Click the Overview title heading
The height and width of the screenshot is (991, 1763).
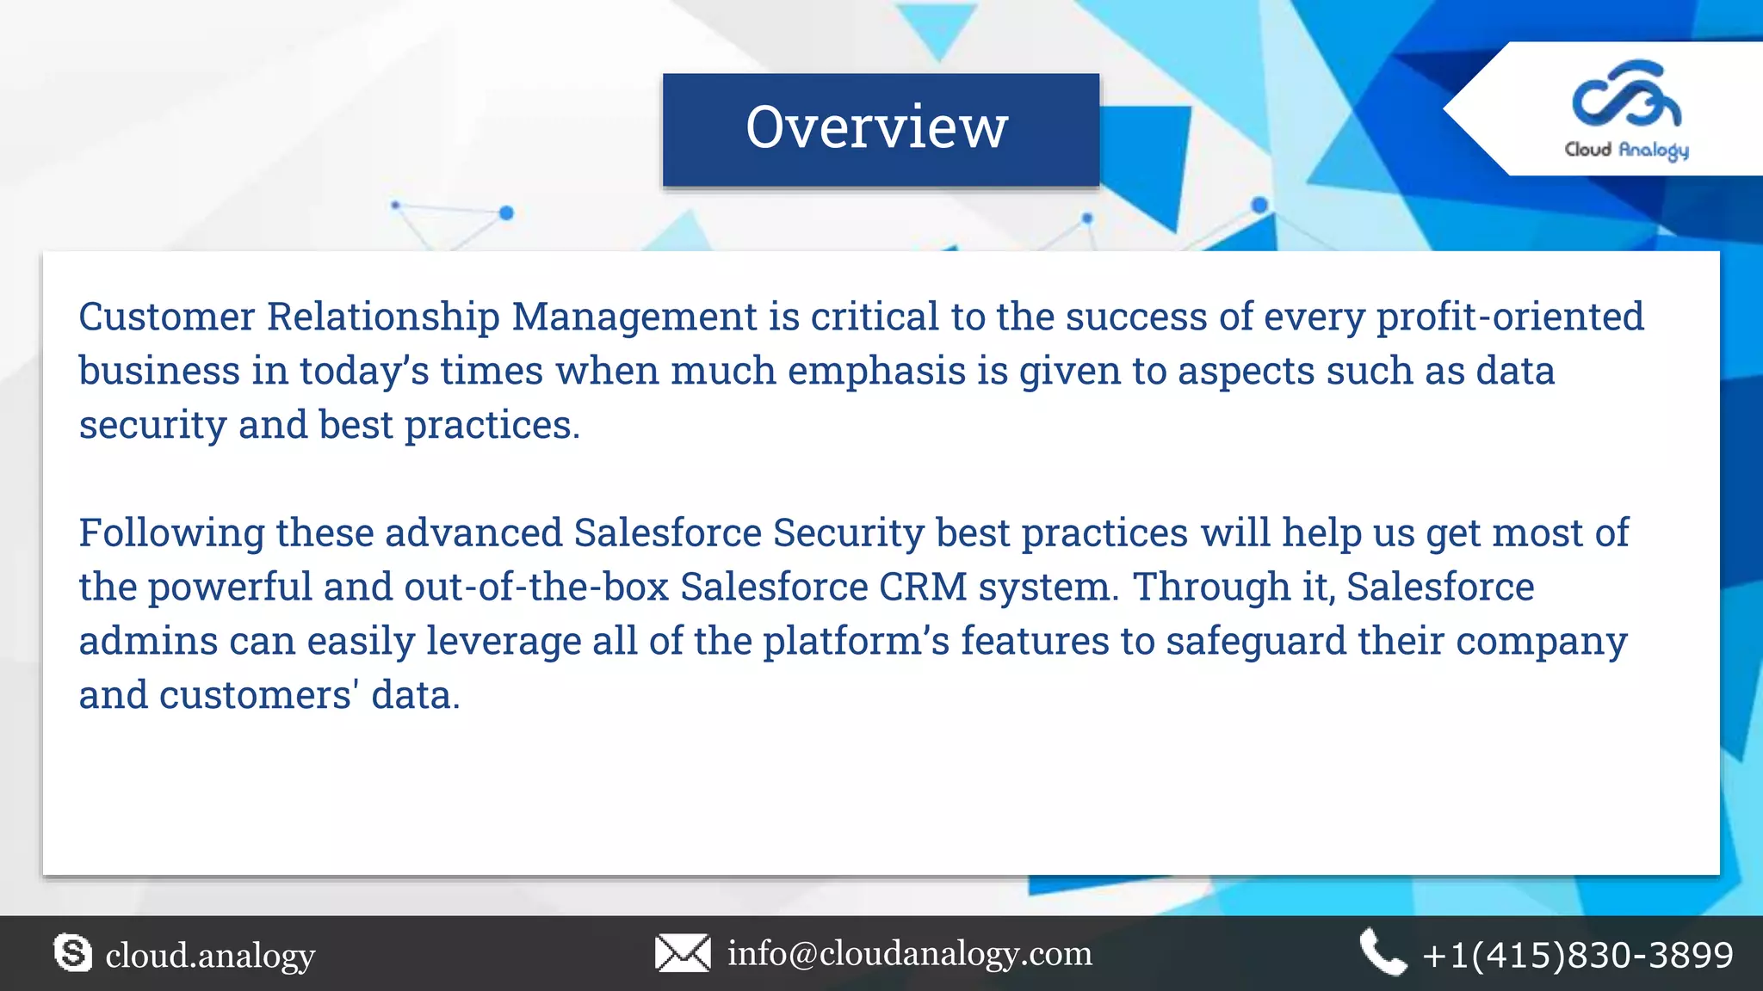point(876,127)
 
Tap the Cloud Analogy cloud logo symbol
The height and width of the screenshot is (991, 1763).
point(1625,95)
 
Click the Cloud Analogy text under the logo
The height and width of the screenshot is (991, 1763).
point(1626,150)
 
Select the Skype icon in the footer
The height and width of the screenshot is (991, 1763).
point(72,953)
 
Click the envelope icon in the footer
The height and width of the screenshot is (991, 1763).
point(683,953)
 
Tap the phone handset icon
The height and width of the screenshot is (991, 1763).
point(1383,952)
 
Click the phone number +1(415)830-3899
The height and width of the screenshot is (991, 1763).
point(1577,955)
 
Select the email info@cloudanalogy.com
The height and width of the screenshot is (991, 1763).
point(910,953)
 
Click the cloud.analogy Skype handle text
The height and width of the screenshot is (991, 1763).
point(210,955)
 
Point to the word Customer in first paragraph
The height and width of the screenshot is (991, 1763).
point(167,317)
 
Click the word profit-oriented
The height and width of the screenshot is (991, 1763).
point(1510,317)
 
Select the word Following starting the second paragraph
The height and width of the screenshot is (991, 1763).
point(171,532)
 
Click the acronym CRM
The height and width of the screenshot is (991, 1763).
point(923,587)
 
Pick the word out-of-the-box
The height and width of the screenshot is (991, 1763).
point(536,587)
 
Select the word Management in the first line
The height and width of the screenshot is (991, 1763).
point(634,317)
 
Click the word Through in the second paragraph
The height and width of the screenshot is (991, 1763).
point(1211,587)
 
